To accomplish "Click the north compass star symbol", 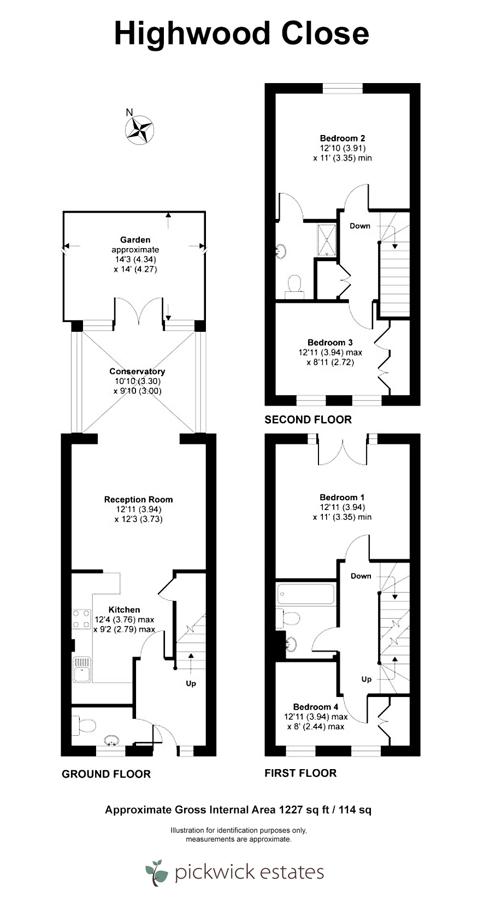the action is coord(139,130).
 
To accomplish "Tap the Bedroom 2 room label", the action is coord(343,138).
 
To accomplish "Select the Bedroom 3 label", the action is coord(330,342).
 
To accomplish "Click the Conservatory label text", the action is coord(137,371).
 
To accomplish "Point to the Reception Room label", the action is coord(139,500).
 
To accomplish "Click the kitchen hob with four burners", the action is coord(81,619).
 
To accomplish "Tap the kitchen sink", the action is coord(82,669).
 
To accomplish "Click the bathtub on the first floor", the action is coord(306,594).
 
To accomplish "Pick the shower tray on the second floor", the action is coord(327,240).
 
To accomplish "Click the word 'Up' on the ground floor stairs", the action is coord(191,683).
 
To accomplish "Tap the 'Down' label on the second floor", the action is coord(360,226).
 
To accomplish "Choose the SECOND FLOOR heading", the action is coord(308,419).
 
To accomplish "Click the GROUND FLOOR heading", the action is coord(106,774).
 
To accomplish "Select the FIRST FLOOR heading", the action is coord(300,773).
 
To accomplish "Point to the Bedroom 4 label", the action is coord(316,707).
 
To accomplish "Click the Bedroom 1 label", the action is coord(341,497).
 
